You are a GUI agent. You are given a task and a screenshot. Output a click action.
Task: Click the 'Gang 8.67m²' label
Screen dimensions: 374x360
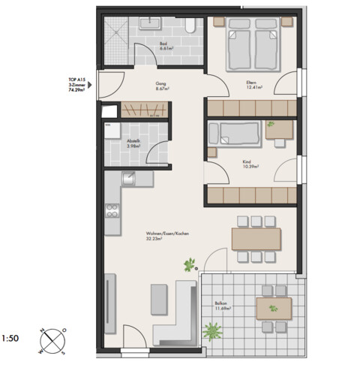160,86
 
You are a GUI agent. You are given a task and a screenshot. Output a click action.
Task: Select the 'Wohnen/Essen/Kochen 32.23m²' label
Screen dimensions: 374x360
167,236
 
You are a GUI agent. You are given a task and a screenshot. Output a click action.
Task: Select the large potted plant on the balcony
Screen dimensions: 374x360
213,330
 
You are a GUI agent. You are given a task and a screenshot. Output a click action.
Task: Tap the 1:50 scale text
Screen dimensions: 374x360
10,339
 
